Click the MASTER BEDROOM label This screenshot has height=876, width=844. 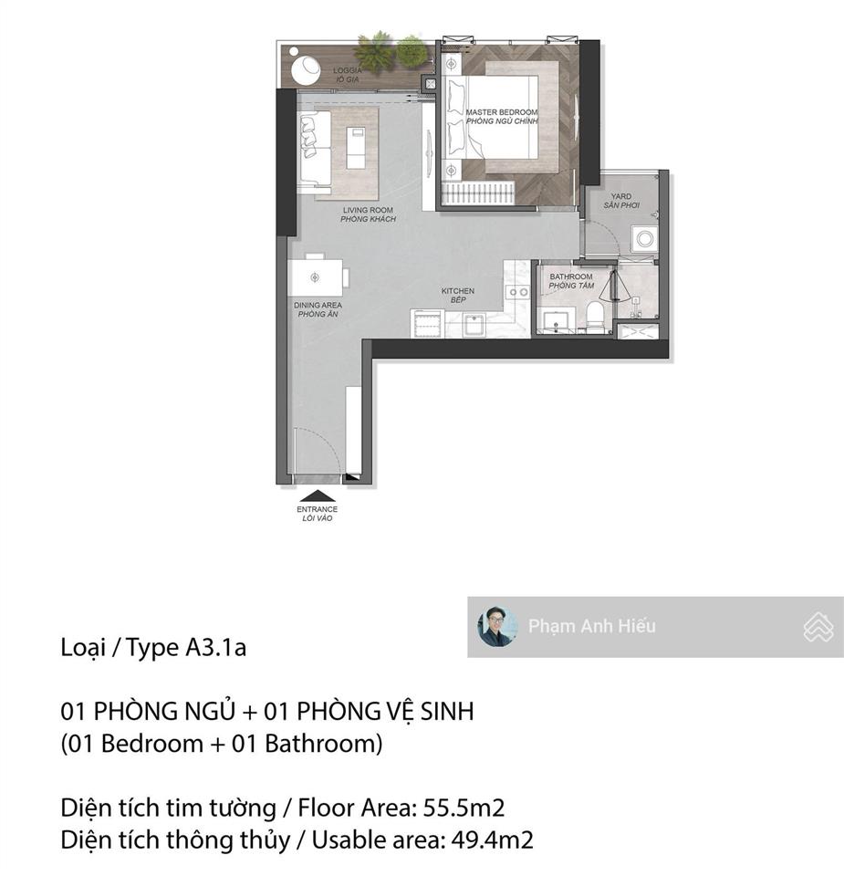(x=502, y=111)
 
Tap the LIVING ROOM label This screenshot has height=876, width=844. (x=368, y=210)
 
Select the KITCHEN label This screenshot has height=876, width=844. (x=458, y=291)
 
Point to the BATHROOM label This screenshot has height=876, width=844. (x=571, y=276)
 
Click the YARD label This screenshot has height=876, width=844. (x=621, y=196)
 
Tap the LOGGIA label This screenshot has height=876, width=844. (x=348, y=70)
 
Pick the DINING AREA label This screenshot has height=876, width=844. (x=318, y=305)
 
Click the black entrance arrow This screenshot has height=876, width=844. (x=318, y=496)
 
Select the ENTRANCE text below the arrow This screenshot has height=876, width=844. (x=318, y=509)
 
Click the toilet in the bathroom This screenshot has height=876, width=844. (x=596, y=317)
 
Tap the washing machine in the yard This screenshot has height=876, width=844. (x=644, y=239)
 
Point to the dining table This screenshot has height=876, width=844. (x=316, y=277)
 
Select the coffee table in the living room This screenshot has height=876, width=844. (x=356, y=148)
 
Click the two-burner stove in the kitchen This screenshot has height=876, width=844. (x=517, y=292)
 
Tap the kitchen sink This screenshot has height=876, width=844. (x=474, y=325)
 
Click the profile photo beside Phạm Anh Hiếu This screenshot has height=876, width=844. (x=497, y=626)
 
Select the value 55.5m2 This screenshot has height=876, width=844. (x=464, y=808)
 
